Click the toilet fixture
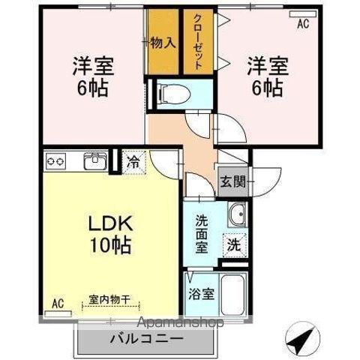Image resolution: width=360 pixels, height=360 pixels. coord(175,94)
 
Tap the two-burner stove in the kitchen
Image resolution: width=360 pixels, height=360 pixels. coord(56,161)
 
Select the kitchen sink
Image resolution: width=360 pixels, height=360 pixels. coord(95,160)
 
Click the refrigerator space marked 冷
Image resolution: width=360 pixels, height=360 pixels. coord(133,162)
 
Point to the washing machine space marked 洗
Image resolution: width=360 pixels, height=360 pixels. coord(235,245)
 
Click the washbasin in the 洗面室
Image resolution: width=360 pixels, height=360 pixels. coord(238,214)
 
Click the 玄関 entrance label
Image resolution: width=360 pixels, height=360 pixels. coord(232,181)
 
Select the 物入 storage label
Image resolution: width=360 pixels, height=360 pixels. coord(163,43)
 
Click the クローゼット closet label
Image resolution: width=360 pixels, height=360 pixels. coord(198,42)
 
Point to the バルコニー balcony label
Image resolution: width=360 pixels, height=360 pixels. coord(147,339)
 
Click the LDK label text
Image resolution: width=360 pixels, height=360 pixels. coord(110,223)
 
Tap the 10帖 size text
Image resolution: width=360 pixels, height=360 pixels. coord(110,245)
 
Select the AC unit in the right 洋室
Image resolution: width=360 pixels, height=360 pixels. coord(302,14)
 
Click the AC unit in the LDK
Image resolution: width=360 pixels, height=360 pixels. coord(58,313)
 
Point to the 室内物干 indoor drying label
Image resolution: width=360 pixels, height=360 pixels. coord(109,299)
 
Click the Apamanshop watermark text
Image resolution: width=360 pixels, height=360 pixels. coord(181,322)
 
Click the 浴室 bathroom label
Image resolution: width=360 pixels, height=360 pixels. coord(202,294)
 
